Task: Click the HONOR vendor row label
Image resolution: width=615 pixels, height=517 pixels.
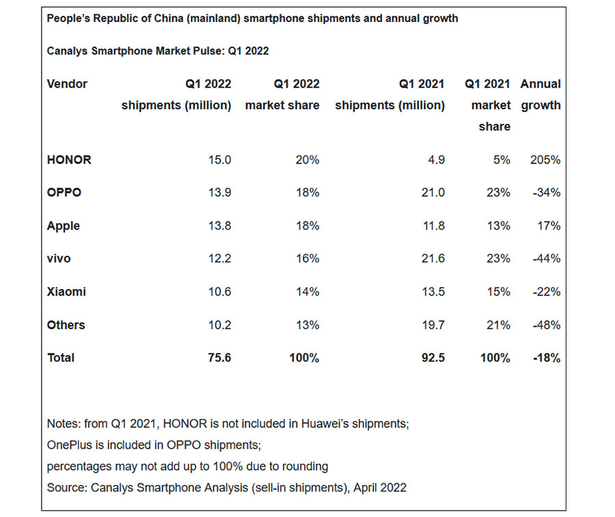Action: pyautogui.click(x=69, y=160)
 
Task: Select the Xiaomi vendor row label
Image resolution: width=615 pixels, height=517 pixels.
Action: pyautogui.click(x=66, y=292)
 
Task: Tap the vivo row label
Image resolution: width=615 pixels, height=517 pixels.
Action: pyautogui.click(x=59, y=258)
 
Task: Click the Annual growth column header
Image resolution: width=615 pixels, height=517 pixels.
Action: pyautogui.click(x=541, y=95)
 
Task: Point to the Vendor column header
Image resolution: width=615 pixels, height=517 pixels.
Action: pyautogui.click(x=67, y=84)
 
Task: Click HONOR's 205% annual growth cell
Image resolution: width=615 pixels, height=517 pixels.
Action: pyautogui.click(x=545, y=160)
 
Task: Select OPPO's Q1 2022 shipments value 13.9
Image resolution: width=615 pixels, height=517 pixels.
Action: pyautogui.click(x=220, y=193)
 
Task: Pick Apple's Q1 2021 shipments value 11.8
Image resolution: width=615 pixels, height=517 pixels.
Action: pyautogui.click(x=433, y=226)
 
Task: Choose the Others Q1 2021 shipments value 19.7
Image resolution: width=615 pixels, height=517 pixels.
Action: pyautogui.click(x=433, y=325)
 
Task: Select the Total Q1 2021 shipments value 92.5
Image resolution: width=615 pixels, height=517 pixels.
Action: pyautogui.click(x=433, y=358)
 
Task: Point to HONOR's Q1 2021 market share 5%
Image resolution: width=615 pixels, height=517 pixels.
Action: pyautogui.click(x=502, y=160)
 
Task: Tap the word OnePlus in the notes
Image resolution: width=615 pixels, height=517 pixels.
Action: pyautogui.click(x=70, y=445)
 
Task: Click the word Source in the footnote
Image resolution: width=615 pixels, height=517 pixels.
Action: pyautogui.click(x=65, y=488)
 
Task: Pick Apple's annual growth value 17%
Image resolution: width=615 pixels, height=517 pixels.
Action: pyautogui.click(x=549, y=226)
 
